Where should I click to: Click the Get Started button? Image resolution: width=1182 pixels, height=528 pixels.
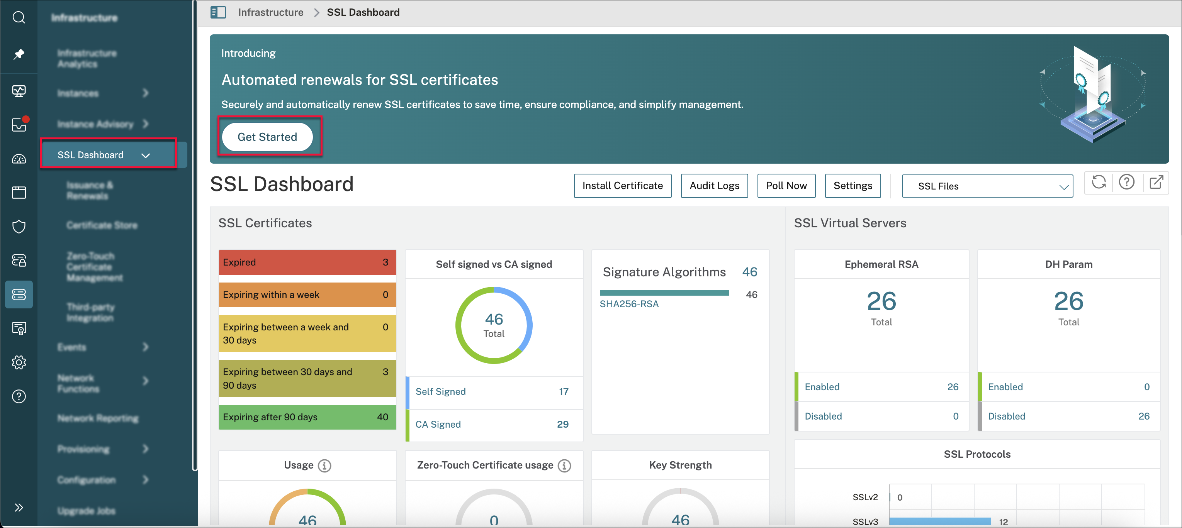[267, 137]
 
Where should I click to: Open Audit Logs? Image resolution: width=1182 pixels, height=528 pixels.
[714, 186]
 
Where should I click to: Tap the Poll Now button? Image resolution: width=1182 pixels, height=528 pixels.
[786, 186]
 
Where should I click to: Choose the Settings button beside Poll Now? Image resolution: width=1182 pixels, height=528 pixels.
[853, 186]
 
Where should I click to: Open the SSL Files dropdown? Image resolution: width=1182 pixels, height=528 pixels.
[987, 186]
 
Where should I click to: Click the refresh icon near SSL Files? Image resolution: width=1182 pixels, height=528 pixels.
[1099, 183]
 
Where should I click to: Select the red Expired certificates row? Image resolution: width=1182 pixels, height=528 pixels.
[307, 262]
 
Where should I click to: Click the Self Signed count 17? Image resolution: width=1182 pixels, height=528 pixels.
[564, 391]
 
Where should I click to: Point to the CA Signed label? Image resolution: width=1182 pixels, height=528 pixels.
[438, 425]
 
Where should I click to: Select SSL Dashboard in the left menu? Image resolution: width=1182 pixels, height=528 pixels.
[91, 155]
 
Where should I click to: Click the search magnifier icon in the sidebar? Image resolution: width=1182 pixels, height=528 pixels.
[19, 17]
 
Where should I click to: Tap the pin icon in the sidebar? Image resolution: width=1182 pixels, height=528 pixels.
[19, 54]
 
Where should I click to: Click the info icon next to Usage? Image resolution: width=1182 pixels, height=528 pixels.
[324, 465]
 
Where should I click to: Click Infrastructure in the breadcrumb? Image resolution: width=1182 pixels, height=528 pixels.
[270, 12]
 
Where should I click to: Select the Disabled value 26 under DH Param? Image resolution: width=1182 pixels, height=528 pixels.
[1143, 416]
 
